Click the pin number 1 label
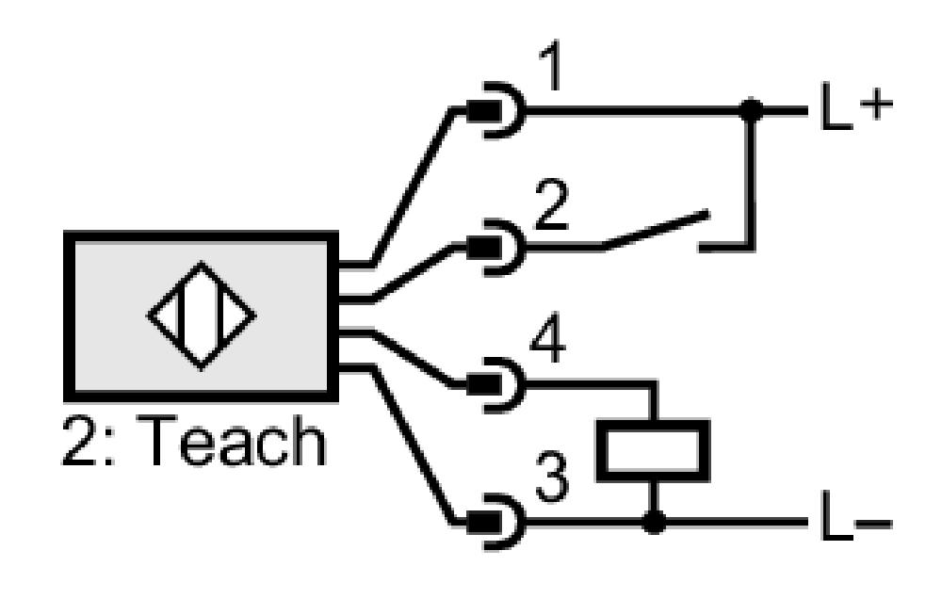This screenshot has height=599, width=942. click(x=550, y=65)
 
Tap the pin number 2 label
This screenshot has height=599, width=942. click(x=551, y=204)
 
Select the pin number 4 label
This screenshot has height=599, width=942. click(x=548, y=338)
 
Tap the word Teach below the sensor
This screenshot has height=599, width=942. click(x=235, y=441)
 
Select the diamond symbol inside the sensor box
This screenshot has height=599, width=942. click(x=202, y=316)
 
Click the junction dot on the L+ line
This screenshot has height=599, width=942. click(x=751, y=110)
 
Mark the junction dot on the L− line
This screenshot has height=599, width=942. click(x=655, y=522)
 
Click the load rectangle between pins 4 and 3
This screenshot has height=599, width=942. click(x=653, y=450)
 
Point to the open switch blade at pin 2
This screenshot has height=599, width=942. click(x=656, y=229)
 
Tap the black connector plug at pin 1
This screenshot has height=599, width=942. click(x=484, y=110)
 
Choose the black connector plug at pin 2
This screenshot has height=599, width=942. click(x=484, y=247)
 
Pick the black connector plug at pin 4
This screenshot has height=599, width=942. click(x=484, y=384)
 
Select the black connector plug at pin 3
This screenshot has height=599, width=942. click(x=484, y=522)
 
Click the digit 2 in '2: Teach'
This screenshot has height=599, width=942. click(x=79, y=441)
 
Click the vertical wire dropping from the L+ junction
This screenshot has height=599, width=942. click(x=751, y=180)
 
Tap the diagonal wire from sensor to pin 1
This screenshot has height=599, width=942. click(x=411, y=186)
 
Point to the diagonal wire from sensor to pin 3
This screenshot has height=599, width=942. click(x=413, y=445)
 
